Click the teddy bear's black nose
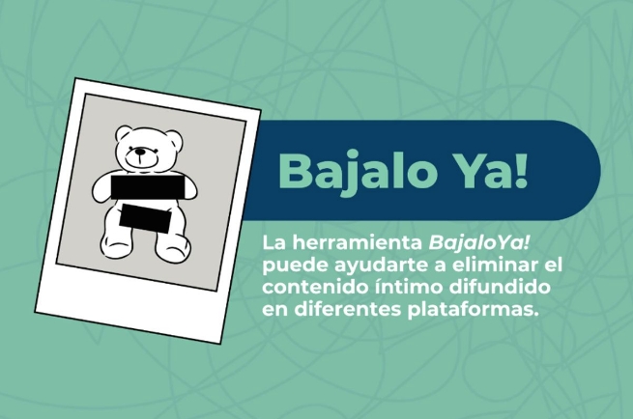click(140, 152)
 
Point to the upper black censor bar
click(147, 186)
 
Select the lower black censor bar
click(145, 218)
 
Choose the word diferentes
click(347, 310)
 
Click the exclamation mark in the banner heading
click(522, 170)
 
